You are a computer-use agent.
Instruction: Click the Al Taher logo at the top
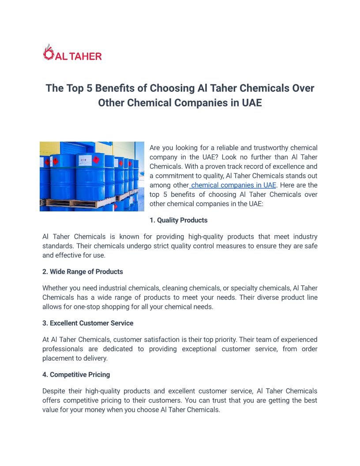tap(73, 53)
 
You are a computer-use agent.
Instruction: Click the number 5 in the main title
tap(89, 88)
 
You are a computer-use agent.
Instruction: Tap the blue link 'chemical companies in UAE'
tap(233, 185)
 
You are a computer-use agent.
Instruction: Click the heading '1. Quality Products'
tap(178, 220)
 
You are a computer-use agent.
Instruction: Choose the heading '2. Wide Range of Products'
tap(82, 272)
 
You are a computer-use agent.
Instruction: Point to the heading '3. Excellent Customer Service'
tap(88, 323)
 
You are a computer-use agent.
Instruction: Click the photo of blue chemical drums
tap(92, 176)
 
